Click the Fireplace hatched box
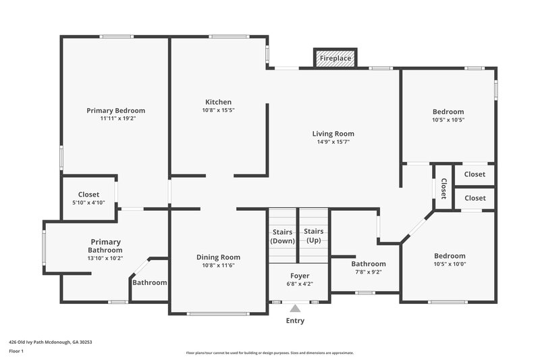point(335,59)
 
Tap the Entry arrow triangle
point(295,309)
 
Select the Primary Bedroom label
point(115,111)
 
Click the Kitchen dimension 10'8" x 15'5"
point(218,110)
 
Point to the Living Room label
point(333,134)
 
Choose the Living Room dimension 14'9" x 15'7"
point(333,142)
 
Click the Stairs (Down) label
point(283,236)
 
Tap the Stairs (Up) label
point(314,236)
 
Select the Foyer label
point(300,276)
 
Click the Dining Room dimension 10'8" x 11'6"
point(218,265)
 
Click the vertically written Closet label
point(443,188)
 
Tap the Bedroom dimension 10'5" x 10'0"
point(450,264)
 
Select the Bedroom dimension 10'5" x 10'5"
point(448,120)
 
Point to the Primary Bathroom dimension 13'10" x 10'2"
point(105,257)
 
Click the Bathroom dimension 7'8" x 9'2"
point(368,272)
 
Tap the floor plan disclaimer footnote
point(269,353)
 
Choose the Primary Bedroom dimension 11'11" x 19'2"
point(115,119)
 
